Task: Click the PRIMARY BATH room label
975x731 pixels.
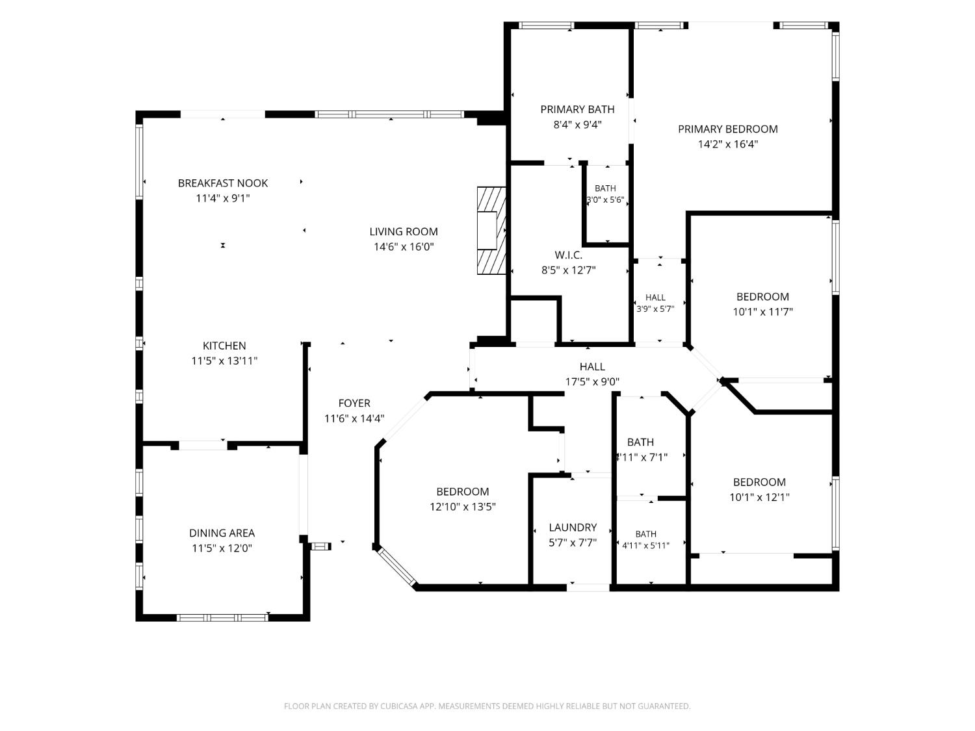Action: tap(577, 109)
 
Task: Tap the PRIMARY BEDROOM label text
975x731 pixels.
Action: tap(727, 129)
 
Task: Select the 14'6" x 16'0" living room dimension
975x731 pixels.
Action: tap(404, 247)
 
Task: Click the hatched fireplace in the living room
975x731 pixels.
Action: tap(491, 231)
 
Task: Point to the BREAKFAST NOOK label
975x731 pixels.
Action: tap(222, 183)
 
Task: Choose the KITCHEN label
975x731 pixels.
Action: tap(224, 345)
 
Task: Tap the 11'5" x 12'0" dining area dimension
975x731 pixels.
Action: tap(222, 548)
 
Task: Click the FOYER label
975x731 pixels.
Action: tap(354, 403)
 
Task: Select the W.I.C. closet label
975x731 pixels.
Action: tap(568, 255)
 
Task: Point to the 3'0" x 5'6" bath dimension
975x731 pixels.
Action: tap(605, 199)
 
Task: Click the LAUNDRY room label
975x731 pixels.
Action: tap(573, 527)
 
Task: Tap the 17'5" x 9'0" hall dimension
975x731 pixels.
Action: tap(592, 381)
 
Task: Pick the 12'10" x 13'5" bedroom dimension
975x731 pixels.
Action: tap(462, 507)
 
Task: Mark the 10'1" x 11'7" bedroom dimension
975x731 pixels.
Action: tap(762, 312)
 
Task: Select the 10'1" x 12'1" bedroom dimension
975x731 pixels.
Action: tap(759, 498)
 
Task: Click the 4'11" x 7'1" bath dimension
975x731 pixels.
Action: tap(642, 457)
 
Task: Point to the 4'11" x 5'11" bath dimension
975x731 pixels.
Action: tap(645, 545)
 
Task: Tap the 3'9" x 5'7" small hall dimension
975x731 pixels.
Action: tap(655, 309)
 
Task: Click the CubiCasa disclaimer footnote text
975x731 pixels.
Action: tap(487, 706)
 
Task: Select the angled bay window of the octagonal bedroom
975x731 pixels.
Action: tap(396, 566)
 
